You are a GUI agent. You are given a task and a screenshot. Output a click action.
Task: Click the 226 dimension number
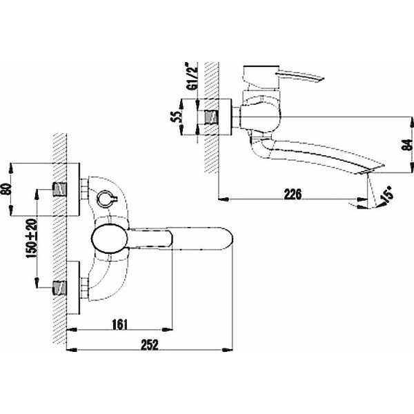(293, 195)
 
